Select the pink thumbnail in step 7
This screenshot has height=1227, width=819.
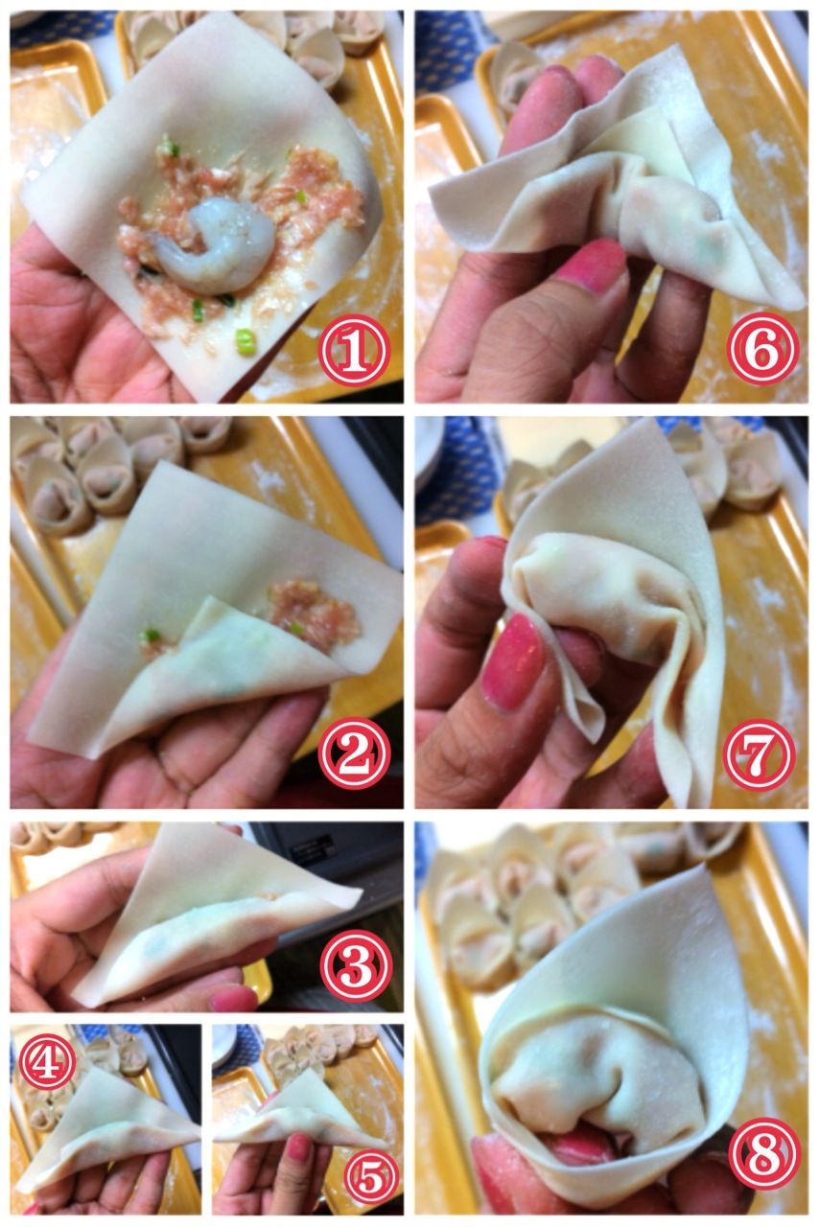(x=512, y=661)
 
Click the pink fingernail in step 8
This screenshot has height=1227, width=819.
(x=576, y=1133)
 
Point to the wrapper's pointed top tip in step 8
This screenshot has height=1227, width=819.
(x=702, y=865)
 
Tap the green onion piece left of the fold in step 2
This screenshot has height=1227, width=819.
(x=150, y=636)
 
